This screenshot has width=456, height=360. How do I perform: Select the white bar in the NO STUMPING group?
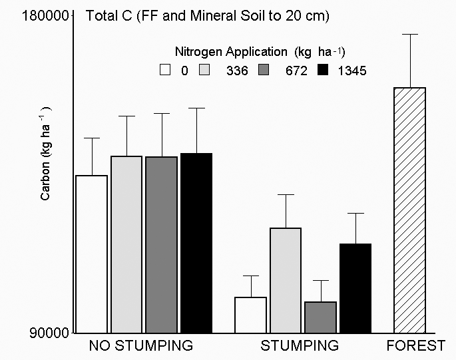point(91,254)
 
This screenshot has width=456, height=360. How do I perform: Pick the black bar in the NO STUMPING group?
point(196,242)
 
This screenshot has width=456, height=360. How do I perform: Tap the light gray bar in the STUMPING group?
point(285,279)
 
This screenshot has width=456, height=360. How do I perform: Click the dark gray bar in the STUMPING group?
point(320,317)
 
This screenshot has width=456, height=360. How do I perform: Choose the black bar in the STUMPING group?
point(355,287)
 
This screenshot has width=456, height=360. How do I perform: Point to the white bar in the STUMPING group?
point(250,314)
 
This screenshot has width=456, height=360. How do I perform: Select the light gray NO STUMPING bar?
point(126,244)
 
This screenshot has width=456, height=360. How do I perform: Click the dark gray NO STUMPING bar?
point(161,244)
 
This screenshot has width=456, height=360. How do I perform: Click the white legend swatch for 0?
point(166,70)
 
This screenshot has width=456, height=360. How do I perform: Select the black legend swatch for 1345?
point(325,70)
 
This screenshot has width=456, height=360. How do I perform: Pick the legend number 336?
point(236,71)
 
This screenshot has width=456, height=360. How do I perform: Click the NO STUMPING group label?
point(141,346)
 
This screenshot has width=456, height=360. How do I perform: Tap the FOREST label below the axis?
point(417,346)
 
